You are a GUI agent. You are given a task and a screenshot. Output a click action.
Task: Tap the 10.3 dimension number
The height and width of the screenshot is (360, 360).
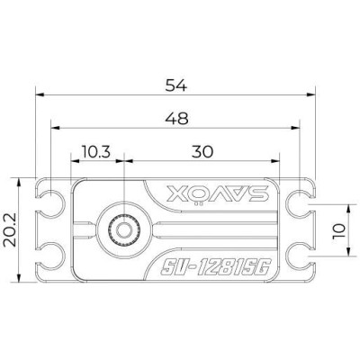coord(95,150)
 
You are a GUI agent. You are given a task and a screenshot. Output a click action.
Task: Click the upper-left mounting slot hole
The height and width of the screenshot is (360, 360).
coord(54,204)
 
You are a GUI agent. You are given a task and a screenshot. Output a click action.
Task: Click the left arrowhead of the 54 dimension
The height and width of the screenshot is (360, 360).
coord(38,94)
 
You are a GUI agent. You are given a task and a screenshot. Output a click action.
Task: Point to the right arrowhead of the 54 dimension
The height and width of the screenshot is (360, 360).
coord(317,94)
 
